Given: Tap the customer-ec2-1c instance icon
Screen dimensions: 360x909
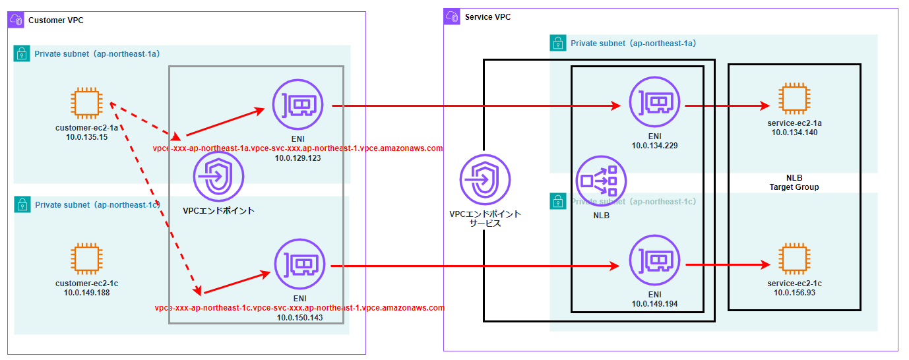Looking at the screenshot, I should [87, 259].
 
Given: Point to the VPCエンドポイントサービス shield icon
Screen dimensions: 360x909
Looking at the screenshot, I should [485, 179].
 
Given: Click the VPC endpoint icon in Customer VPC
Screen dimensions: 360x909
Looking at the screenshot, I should [218, 177].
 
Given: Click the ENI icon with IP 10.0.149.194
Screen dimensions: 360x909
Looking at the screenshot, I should [654, 262].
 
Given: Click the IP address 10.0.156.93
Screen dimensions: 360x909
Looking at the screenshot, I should [794, 292].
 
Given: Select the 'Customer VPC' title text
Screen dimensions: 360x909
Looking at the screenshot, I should [55, 20].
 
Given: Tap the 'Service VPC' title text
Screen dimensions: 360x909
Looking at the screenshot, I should [487, 16].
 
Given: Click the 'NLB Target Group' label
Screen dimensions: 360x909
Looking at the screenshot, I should [794, 183].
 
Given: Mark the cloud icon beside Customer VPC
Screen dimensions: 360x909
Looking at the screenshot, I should [16, 20].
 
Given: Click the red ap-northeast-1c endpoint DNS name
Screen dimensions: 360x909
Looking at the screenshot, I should [299, 307].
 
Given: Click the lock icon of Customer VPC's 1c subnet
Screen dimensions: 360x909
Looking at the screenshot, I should [22, 204].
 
